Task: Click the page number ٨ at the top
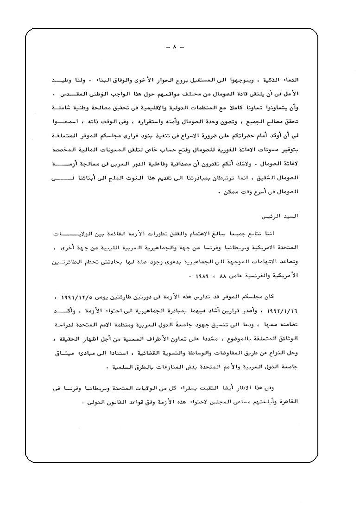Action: tap(175, 48)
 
